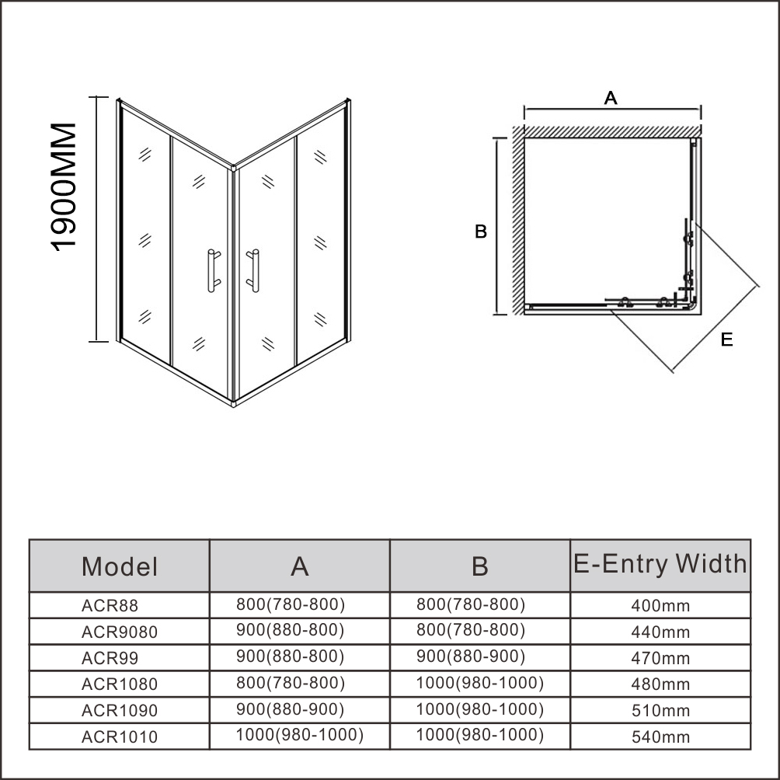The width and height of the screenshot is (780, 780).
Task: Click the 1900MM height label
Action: point(63,187)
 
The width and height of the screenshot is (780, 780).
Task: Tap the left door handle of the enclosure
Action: point(212,270)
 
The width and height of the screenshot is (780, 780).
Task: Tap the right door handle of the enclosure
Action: point(254,270)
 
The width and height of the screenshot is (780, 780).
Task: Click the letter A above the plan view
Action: point(611,98)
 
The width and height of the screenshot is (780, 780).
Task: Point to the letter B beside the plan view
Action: point(481,232)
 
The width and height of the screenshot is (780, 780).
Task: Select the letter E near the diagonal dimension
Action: point(726,340)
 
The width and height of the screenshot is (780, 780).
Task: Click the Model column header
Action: point(120,566)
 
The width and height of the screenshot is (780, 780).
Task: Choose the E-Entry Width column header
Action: point(660,563)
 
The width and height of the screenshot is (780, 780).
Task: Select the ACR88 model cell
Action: point(110,605)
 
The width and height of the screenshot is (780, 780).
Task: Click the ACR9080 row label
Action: point(120,632)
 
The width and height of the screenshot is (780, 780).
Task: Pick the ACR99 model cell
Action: point(110,658)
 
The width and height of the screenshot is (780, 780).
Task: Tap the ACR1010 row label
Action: point(120,736)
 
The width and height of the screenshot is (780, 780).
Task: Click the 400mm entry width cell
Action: point(660,605)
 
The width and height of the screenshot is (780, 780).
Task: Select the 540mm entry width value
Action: point(660,736)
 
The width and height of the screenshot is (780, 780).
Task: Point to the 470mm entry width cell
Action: point(660,658)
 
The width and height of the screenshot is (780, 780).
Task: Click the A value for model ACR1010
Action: point(299,735)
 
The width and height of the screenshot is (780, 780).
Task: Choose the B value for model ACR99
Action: point(471,656)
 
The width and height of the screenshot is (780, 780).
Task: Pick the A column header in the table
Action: point(299,566)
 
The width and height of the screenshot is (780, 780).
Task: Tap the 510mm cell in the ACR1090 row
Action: point(660,710)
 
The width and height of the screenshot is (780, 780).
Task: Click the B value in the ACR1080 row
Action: point(480,682)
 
